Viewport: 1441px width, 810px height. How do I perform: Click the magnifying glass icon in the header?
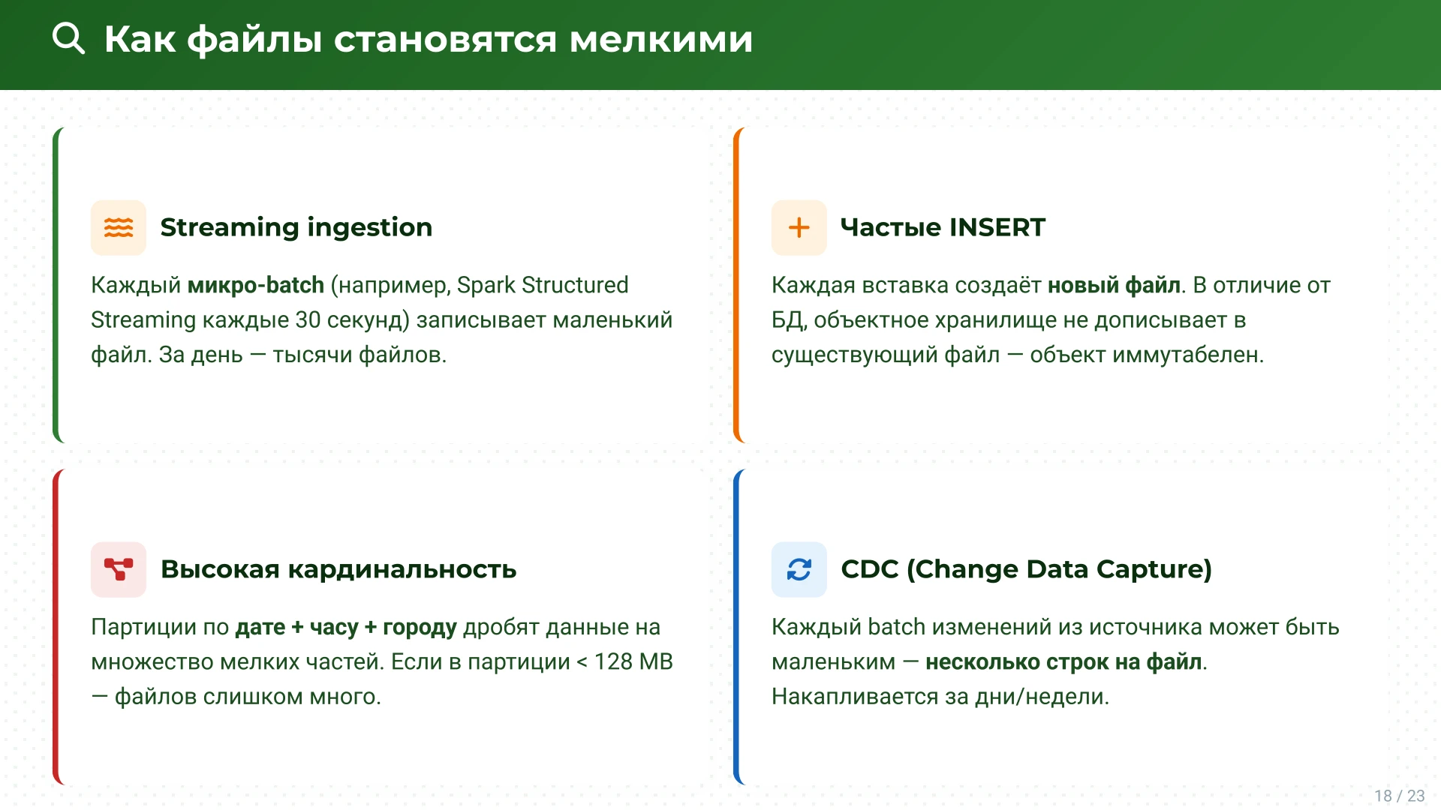(x=68, y=38)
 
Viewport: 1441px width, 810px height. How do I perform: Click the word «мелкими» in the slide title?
(x=660, y=39)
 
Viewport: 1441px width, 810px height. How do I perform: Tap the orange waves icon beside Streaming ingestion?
(x=119, y=227)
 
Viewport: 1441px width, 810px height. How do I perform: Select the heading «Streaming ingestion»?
(x=296, y=227)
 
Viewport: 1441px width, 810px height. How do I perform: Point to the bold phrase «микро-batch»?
(x=255, y=285)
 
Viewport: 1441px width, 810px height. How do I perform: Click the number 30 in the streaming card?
(x=308, y=320)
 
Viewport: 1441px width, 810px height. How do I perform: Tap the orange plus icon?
(x=799, y=227)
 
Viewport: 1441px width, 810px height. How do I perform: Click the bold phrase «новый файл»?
(x=1114, y=285)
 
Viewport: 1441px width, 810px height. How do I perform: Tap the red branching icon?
(x=119, y=569)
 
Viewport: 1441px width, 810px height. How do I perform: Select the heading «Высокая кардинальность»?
(x=338, y=569)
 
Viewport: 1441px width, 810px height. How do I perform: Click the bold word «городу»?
(x=420, y=627)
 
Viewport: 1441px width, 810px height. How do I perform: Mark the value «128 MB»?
(x=633, y=661)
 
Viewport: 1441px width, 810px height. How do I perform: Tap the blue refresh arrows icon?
(x=799, y=569)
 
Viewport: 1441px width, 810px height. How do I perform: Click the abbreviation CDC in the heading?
(x=869, y=569)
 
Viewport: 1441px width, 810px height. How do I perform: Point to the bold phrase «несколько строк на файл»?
(x=1063, y=661)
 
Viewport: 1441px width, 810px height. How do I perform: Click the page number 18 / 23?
(x=1399, y=796)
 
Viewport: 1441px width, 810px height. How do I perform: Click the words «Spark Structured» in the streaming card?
(x=542, y=285)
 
